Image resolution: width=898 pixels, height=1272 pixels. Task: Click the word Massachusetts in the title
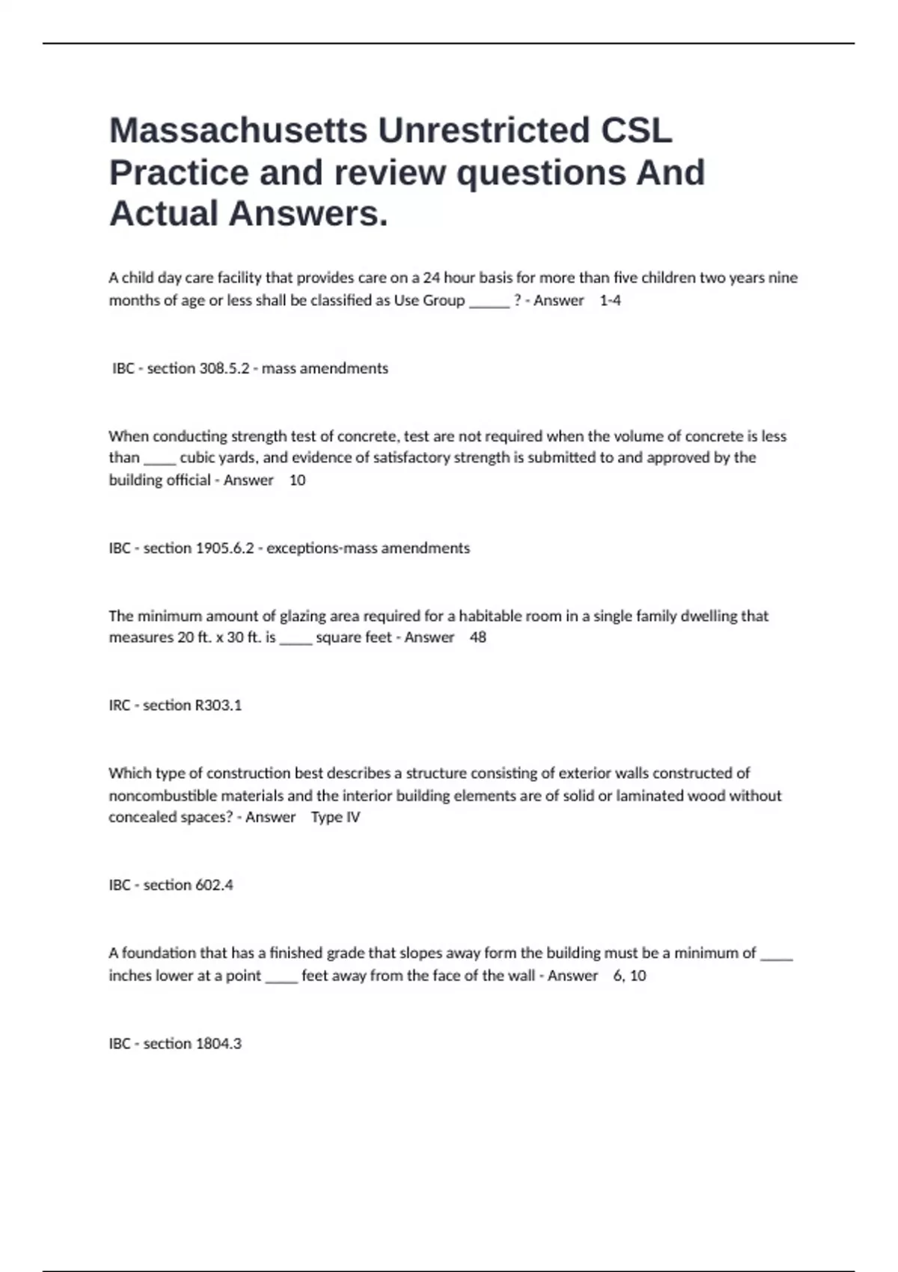point(238,130)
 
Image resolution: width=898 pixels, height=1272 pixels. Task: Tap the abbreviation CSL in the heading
point(636,130)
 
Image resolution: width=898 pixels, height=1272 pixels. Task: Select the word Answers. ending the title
point(309,213)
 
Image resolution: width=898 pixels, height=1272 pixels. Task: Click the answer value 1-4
point(610,301)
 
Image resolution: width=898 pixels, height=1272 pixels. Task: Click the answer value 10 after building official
point(297,480)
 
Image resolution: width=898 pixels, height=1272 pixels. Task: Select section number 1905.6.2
point(224,548)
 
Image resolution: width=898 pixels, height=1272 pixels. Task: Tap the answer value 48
point(477,637)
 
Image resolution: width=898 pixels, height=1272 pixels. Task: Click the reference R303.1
point(218,706)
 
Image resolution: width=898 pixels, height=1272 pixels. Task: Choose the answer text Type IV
point(335,817)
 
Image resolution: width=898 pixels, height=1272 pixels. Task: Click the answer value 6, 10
point(629,976)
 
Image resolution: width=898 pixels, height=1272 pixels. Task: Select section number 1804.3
point(218,1044)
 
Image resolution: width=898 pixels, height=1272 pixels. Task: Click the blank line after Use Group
point(489,302)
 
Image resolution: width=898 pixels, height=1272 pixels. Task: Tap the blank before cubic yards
point(159,459)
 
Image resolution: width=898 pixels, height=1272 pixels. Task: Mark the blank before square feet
point(296,639)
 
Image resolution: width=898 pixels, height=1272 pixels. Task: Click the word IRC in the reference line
point(120,706)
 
